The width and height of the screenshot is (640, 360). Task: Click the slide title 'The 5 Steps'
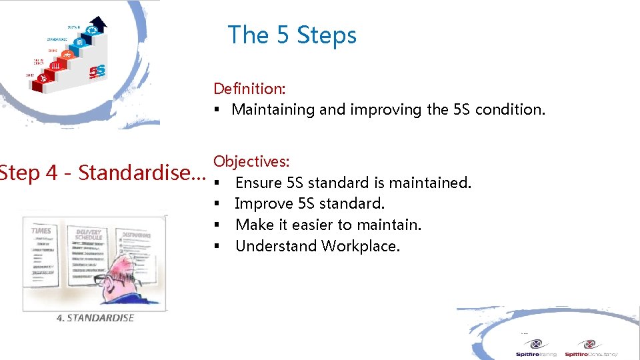[292, 35]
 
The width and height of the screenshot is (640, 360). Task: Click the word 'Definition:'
[249, 89]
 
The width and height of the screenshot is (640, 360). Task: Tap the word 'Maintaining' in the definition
[273, 109]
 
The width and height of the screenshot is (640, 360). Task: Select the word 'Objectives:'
[251, 161]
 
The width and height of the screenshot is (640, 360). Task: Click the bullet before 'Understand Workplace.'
[217, 247]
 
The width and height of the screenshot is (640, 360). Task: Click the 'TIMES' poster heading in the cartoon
[41, 230]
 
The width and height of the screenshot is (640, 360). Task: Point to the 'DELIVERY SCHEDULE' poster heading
[89, 233]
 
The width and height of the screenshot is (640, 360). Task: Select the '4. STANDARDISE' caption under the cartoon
[95, 318]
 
